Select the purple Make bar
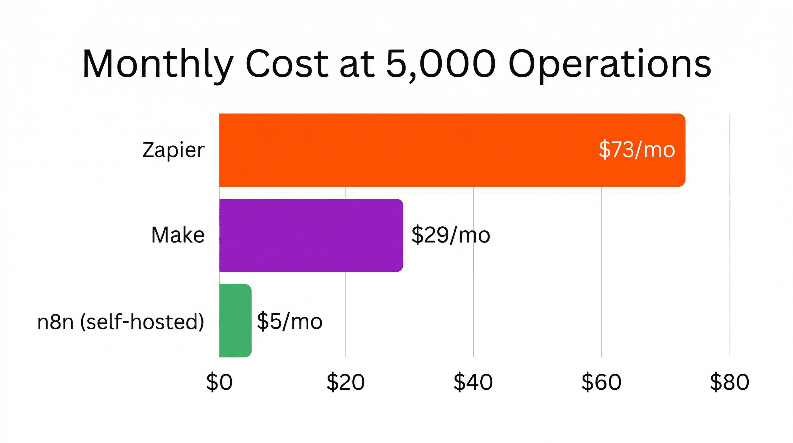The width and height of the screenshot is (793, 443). (x=311, y=235)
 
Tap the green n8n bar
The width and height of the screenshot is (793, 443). (x=235, y=320)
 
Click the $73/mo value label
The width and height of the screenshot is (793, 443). (x=637, y=150)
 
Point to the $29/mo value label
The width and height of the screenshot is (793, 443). (x=450, y=235)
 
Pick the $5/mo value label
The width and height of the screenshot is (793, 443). (x=289, y=321)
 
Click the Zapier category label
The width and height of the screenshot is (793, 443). (x=173, y=150)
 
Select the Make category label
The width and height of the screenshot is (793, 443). (x=178, y=235)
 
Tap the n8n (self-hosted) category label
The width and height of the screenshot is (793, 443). (x=120, y=322)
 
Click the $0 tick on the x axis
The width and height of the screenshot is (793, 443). (x=219, y=382)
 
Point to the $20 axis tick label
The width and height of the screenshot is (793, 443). (x=345, y=382)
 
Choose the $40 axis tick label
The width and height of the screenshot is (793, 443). (x=473, y=382)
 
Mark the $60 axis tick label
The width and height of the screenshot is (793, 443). (x=601, y=382)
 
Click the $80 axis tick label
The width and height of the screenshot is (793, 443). (x=729, y=382)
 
